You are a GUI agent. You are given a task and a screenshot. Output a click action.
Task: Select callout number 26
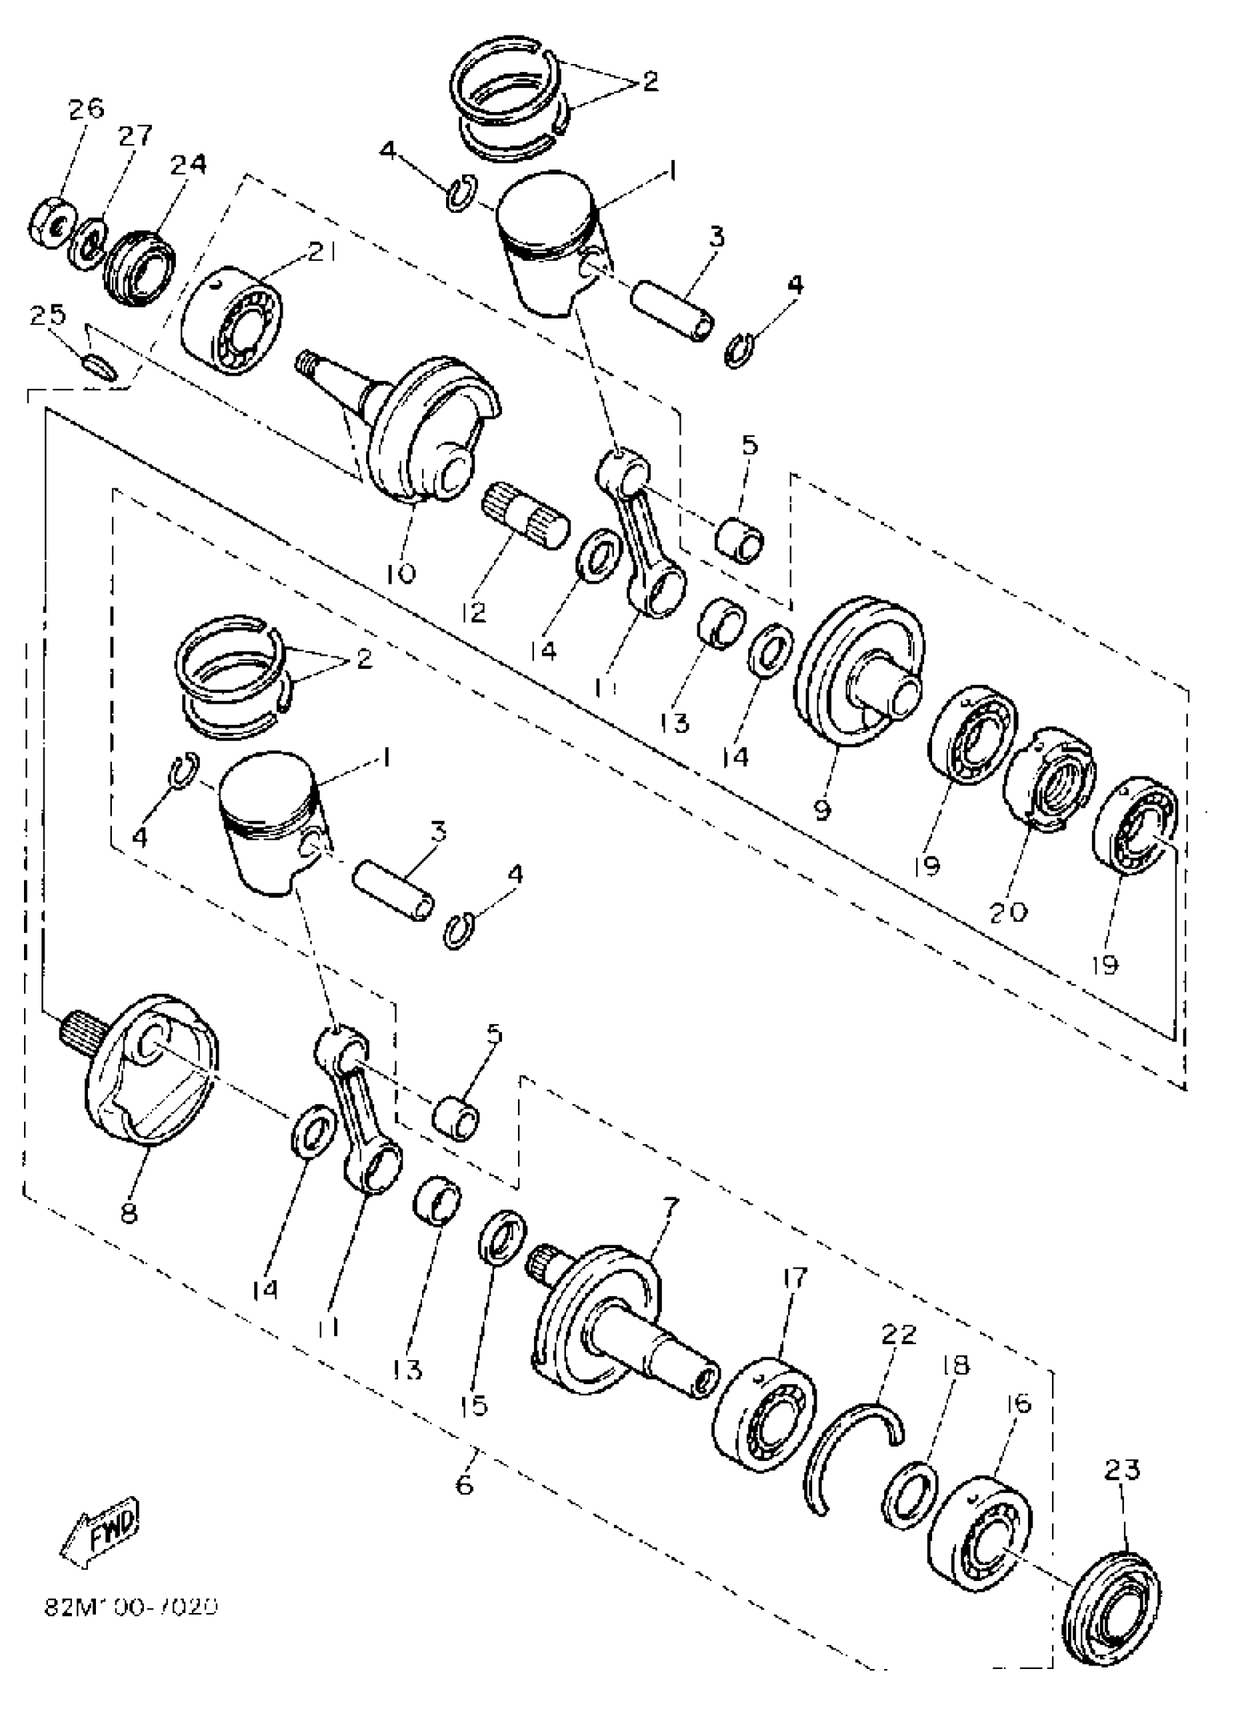[86, 110]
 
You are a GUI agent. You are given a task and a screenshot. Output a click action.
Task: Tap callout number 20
[1008, 912]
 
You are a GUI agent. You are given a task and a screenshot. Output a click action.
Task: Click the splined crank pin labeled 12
[525, 517]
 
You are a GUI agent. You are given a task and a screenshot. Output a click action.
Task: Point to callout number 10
[400, 575]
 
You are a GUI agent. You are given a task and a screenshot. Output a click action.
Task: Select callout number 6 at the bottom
[464, 1484]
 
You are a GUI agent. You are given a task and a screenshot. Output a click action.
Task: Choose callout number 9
[822, 810]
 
